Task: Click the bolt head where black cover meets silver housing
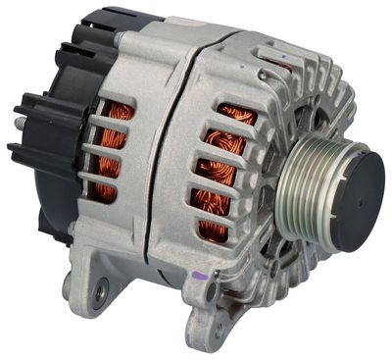[119, 38]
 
